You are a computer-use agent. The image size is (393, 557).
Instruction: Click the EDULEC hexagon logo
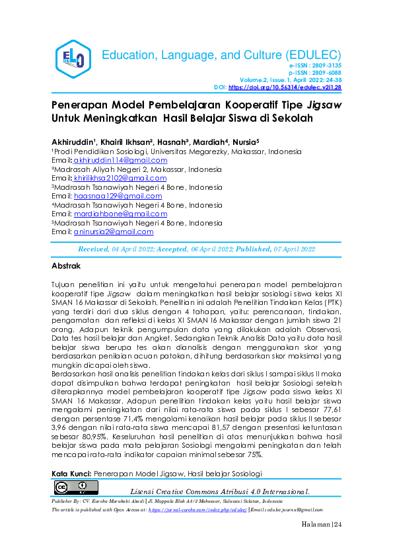click(70, 60)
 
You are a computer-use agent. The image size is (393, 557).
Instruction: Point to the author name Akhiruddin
click(73, 142)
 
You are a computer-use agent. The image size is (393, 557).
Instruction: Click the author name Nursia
click(243, 142)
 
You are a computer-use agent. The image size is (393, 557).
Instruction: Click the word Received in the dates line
click(94, 249)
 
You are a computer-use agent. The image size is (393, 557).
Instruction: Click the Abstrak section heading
click(66, 266)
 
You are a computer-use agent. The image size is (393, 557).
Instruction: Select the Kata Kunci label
click(71, 474)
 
